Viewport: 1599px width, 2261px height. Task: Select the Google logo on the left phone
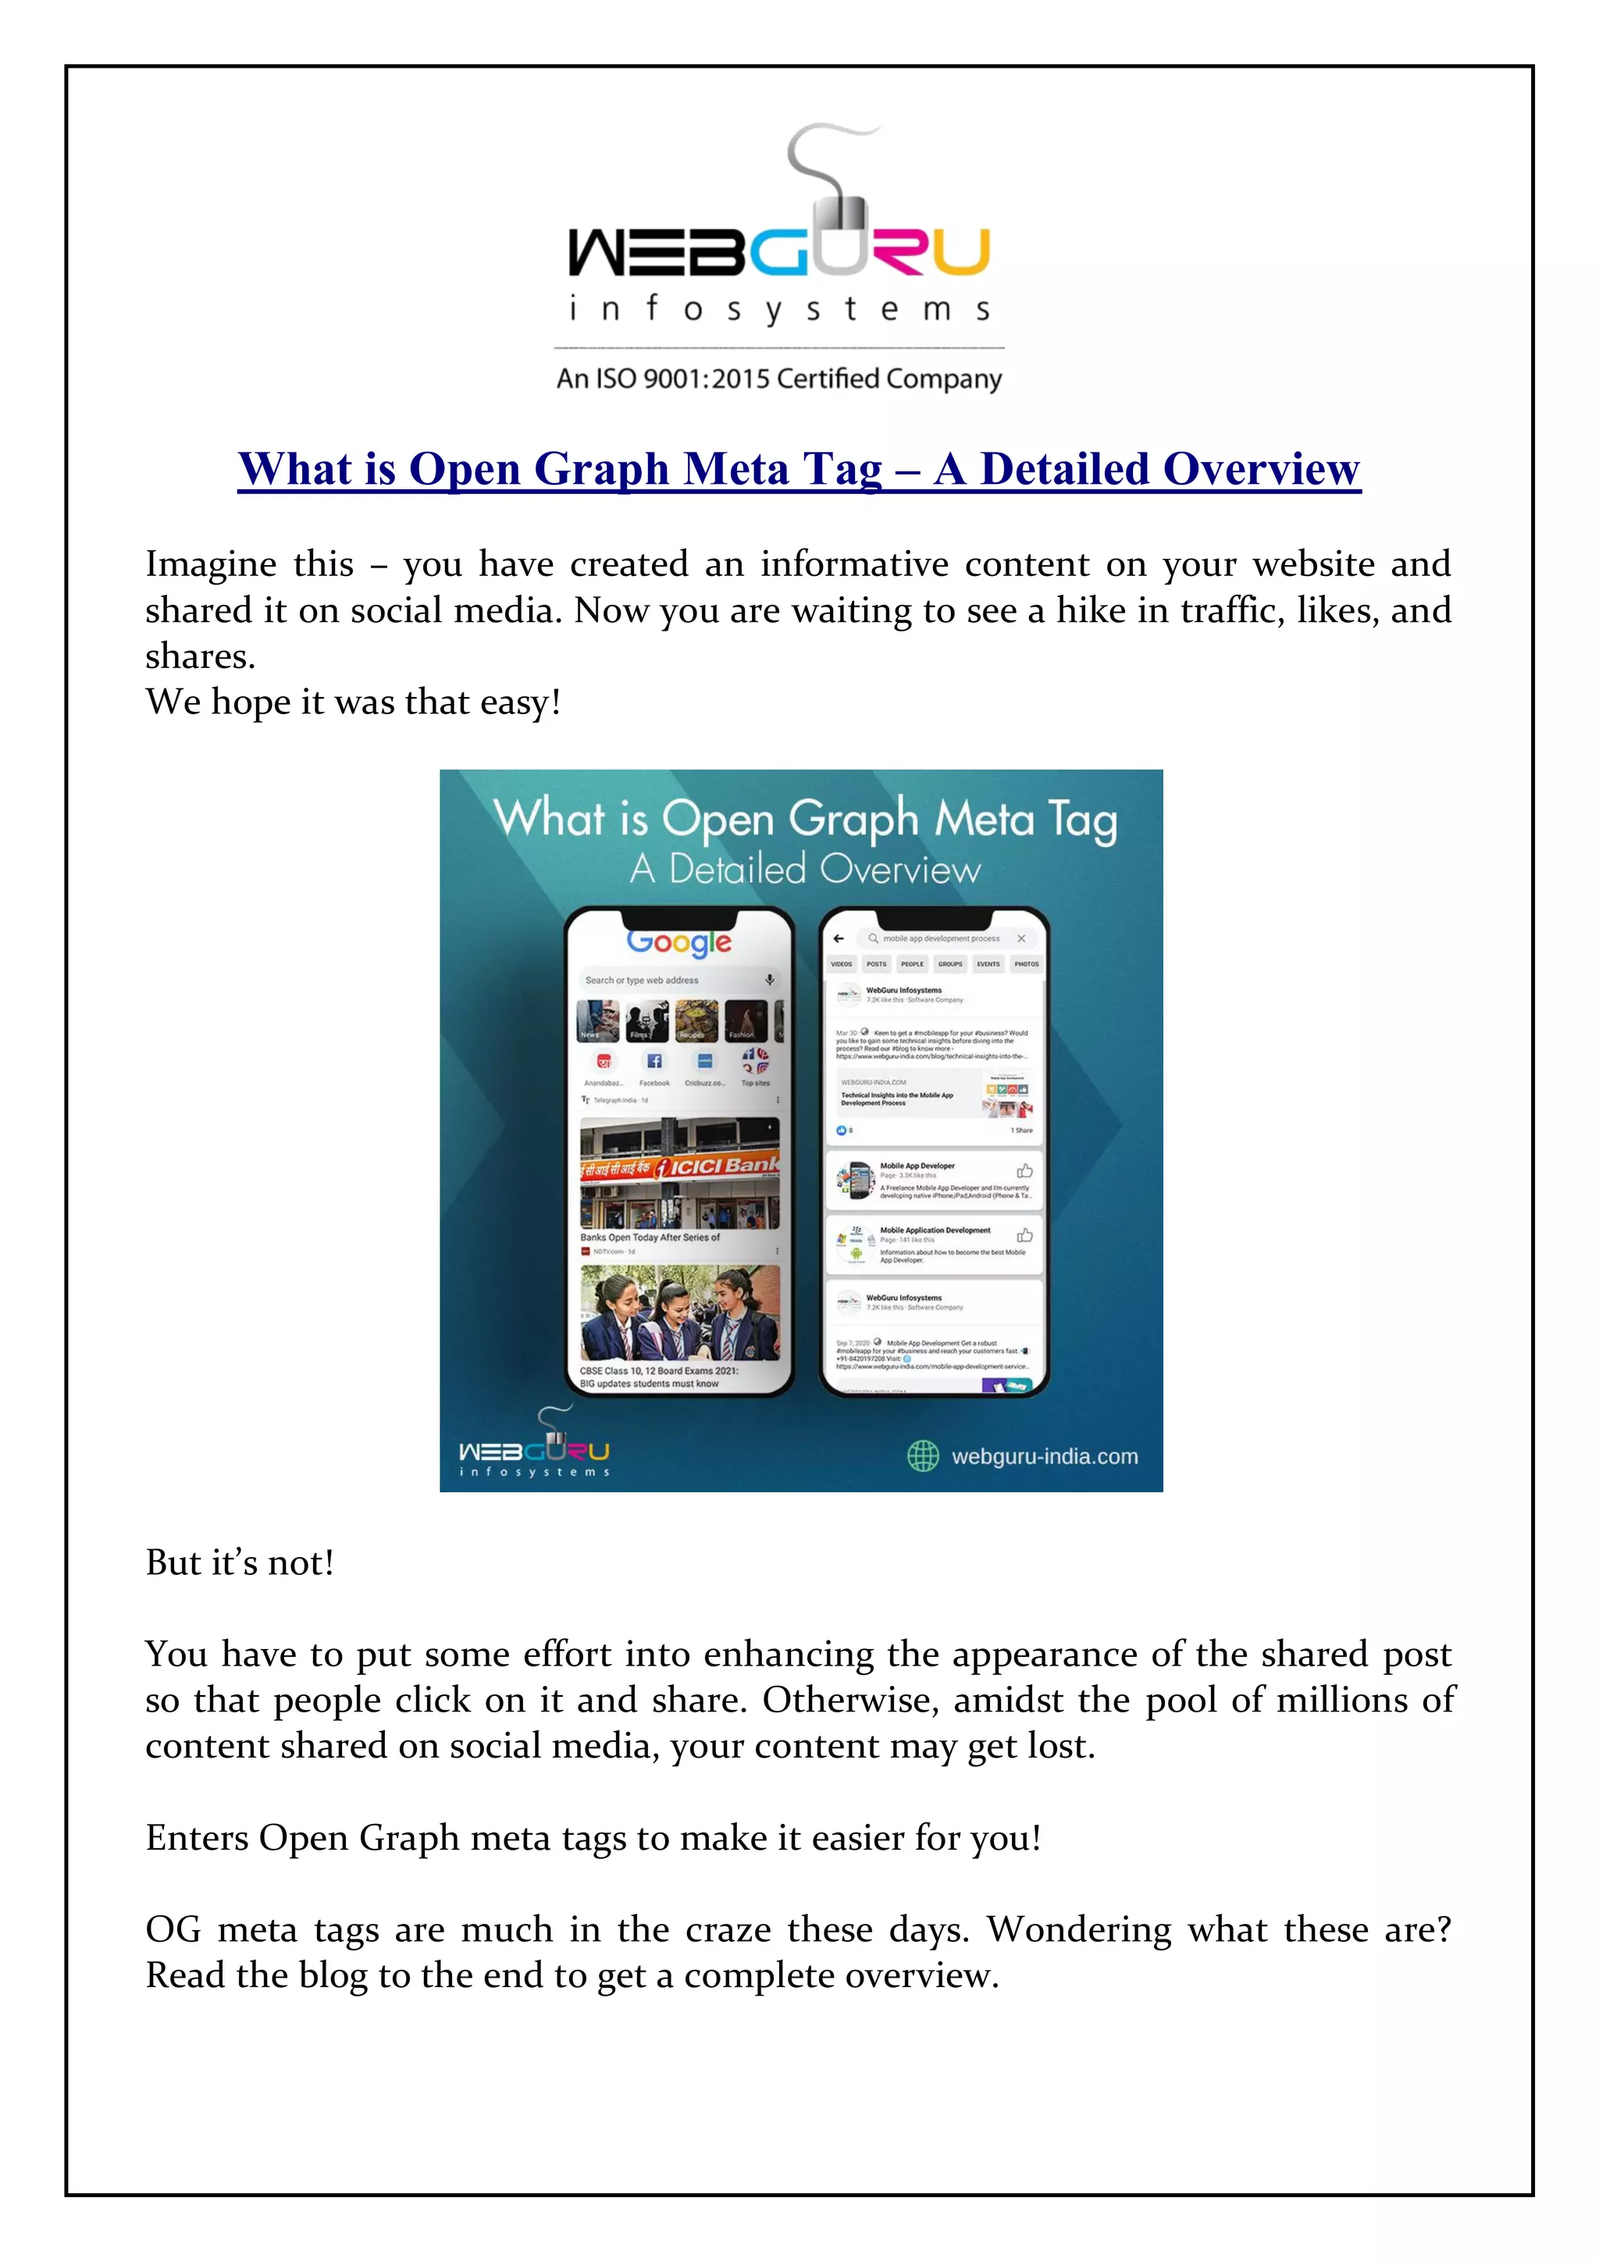(x=678, y=943)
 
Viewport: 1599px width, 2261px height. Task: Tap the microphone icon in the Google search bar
(x=770, y=979)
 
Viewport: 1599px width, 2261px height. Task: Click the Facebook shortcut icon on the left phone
(x=654, y=1061)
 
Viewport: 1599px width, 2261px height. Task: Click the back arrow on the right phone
(x=839, y=938)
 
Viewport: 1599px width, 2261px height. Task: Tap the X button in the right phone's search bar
(x=1022, y=938)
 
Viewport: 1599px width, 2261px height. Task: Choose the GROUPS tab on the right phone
(x=949, y=964)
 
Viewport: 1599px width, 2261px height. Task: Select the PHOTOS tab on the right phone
(x=1026, y=964)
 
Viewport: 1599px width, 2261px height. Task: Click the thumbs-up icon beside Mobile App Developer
(x=1024, y=1171)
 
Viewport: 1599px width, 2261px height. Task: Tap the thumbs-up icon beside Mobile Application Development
(x=1024, y=1235)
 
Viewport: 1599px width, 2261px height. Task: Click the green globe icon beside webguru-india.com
(x=923, y=1456)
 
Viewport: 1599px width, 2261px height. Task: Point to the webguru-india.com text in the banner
(x=1045, y=1456)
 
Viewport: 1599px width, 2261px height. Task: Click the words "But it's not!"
(x=240, y=1562)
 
